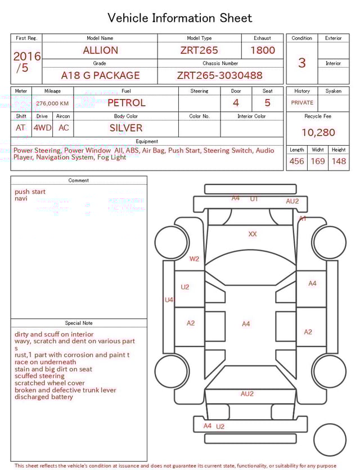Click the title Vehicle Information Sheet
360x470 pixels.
(180, 18)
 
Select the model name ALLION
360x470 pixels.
(100, 50)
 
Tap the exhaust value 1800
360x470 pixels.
(262, 50)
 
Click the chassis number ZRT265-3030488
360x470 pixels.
(219, 75)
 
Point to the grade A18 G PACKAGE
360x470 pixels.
(100, 75)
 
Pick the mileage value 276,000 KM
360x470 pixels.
(52, 104)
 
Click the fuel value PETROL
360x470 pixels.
(126, 103)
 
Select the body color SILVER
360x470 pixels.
(126, 128)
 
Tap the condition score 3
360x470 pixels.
(301, 62)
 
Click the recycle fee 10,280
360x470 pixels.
(318, 133)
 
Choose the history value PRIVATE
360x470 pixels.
(302, 103)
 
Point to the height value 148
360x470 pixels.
(339, 162)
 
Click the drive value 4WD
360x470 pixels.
(42, 128)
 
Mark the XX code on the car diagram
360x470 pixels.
(253, 234)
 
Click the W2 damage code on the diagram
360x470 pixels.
(194, 259)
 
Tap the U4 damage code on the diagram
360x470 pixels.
(169, 300)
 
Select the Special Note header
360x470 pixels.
(79, 323)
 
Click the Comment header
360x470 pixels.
(79, 181)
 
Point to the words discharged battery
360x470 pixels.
(44, 397)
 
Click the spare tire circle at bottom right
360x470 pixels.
(330, 440)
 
